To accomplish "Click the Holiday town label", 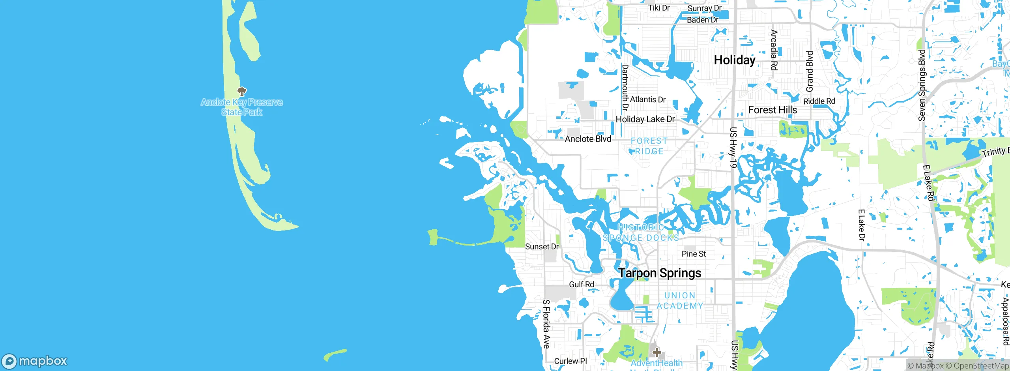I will (735, 60).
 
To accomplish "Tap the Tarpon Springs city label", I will (660, 273).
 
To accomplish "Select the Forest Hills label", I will (772, 110).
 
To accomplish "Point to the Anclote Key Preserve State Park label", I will (242, 107).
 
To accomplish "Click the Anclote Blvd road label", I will (588, 139).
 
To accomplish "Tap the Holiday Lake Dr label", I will (645, 119).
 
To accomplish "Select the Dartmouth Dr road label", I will (625, 87).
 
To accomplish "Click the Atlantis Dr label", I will (648, 99).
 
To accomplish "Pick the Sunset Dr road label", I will (542, 247).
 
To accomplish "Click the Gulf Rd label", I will (581, 285).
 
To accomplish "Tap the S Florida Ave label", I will (546, 324).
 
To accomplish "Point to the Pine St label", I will (694, 254).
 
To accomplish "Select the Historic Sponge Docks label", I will (641, 233).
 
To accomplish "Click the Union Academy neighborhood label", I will (680, 301).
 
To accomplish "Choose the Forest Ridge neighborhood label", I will (649, 146).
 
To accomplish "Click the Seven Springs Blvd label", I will (922, 85).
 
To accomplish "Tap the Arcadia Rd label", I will (774, 50).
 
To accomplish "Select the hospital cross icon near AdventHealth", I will (656, 352).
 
